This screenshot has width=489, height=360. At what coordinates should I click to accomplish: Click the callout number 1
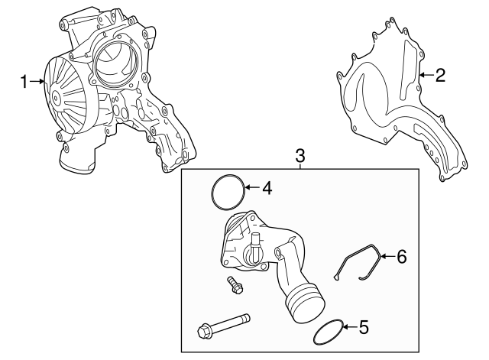point(24,81)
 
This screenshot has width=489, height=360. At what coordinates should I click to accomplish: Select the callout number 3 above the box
point(300,156)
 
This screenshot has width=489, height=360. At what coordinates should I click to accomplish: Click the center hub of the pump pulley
point(57,99)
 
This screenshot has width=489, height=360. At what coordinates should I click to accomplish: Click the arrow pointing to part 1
point(37,82)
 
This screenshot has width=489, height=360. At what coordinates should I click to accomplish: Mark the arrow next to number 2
point(426,75)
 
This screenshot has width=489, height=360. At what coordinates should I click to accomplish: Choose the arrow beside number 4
point(252,186)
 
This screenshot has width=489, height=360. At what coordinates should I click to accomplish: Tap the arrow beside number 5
point(349,329)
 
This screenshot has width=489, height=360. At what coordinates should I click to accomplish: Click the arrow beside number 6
point(387,256)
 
